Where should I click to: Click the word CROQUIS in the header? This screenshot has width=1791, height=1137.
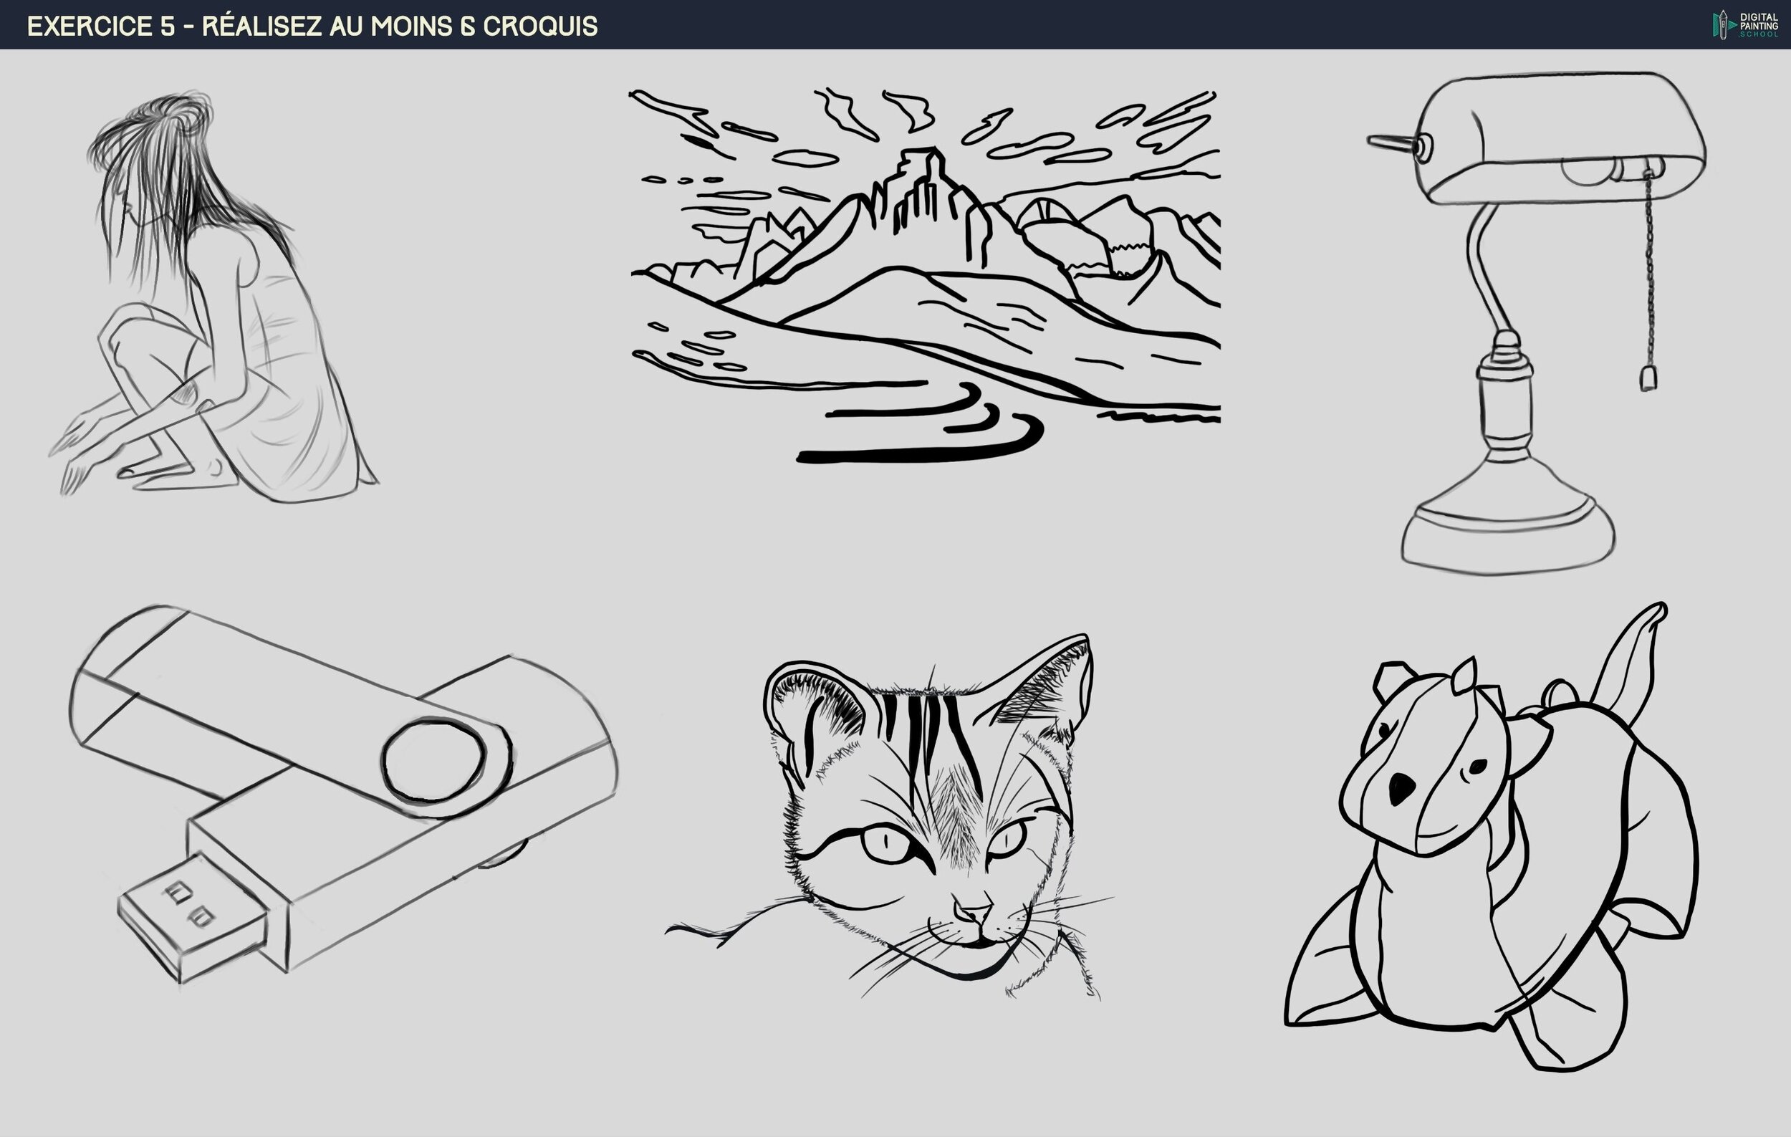click(x=540, y=26)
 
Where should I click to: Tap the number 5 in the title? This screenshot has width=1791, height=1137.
click(x=167, y=26)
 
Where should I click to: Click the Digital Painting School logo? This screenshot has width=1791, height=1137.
click(x=1745, y=24)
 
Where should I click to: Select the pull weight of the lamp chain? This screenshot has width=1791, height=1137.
click(x=1648, y=378)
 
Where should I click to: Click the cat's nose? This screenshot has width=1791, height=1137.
click(x=971, y=911)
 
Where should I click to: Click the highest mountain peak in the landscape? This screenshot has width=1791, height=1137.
click(x=922, y=156)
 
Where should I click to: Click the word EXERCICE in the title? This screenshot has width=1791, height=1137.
click(x=90, y=26)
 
